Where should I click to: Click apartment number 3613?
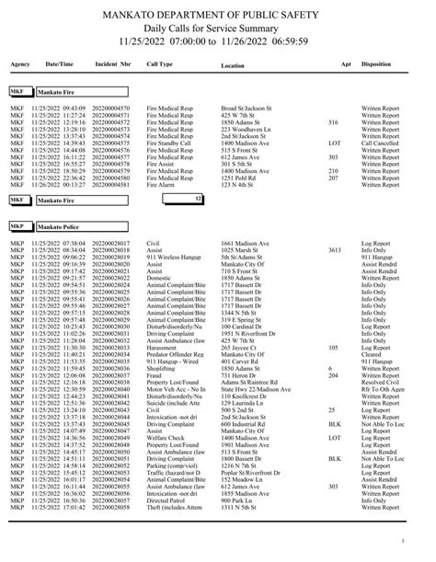334,248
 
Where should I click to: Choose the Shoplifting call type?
161,368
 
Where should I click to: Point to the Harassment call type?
162,348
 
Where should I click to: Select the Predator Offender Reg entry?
175,354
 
